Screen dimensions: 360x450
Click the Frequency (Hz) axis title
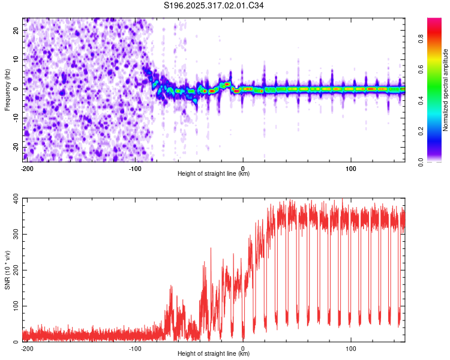click(x=7, y=89)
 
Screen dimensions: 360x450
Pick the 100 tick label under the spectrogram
click(x=351, y=167)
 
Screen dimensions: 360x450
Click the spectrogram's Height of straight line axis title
click(x=214, y=174)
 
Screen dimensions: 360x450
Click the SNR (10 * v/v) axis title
click(x=7, y=270)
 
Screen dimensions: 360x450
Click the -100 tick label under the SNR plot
click(x=134, y=347)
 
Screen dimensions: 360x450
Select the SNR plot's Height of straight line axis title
click(x=214, y=354)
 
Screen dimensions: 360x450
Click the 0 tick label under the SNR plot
click(x=243, y=347)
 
